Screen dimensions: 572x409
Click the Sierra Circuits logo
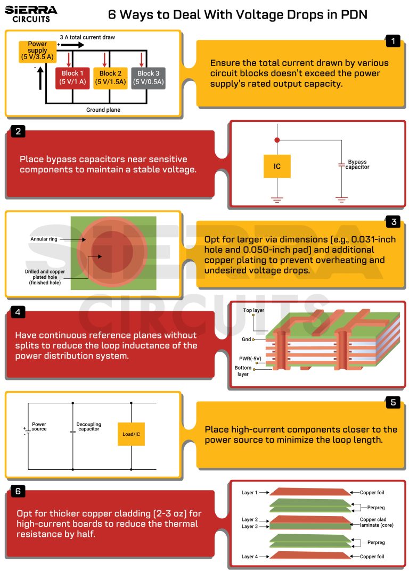pos(31,14)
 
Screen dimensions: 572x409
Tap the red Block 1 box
pos(72,78)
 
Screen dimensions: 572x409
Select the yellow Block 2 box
pos(110,78)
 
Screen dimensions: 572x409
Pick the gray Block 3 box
pos(149,78)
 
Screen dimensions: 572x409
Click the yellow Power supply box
pos(37,52)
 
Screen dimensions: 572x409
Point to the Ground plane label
pos(103,110)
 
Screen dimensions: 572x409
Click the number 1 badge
pos(392,40)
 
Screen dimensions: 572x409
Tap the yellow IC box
pos(277,167)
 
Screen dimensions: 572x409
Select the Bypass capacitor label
pos(357,164)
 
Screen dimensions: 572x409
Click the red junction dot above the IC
pos(277,140)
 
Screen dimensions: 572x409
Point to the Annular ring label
pos(44,239)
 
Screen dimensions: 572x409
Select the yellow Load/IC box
pos(131,434)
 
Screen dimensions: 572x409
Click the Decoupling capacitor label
pos(89,427)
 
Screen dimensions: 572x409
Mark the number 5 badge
pos(393,402)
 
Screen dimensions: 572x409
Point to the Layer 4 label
pos(250,557)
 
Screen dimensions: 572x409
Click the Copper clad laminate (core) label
pos(373,523)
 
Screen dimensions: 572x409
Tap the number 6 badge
pos(18,491)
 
